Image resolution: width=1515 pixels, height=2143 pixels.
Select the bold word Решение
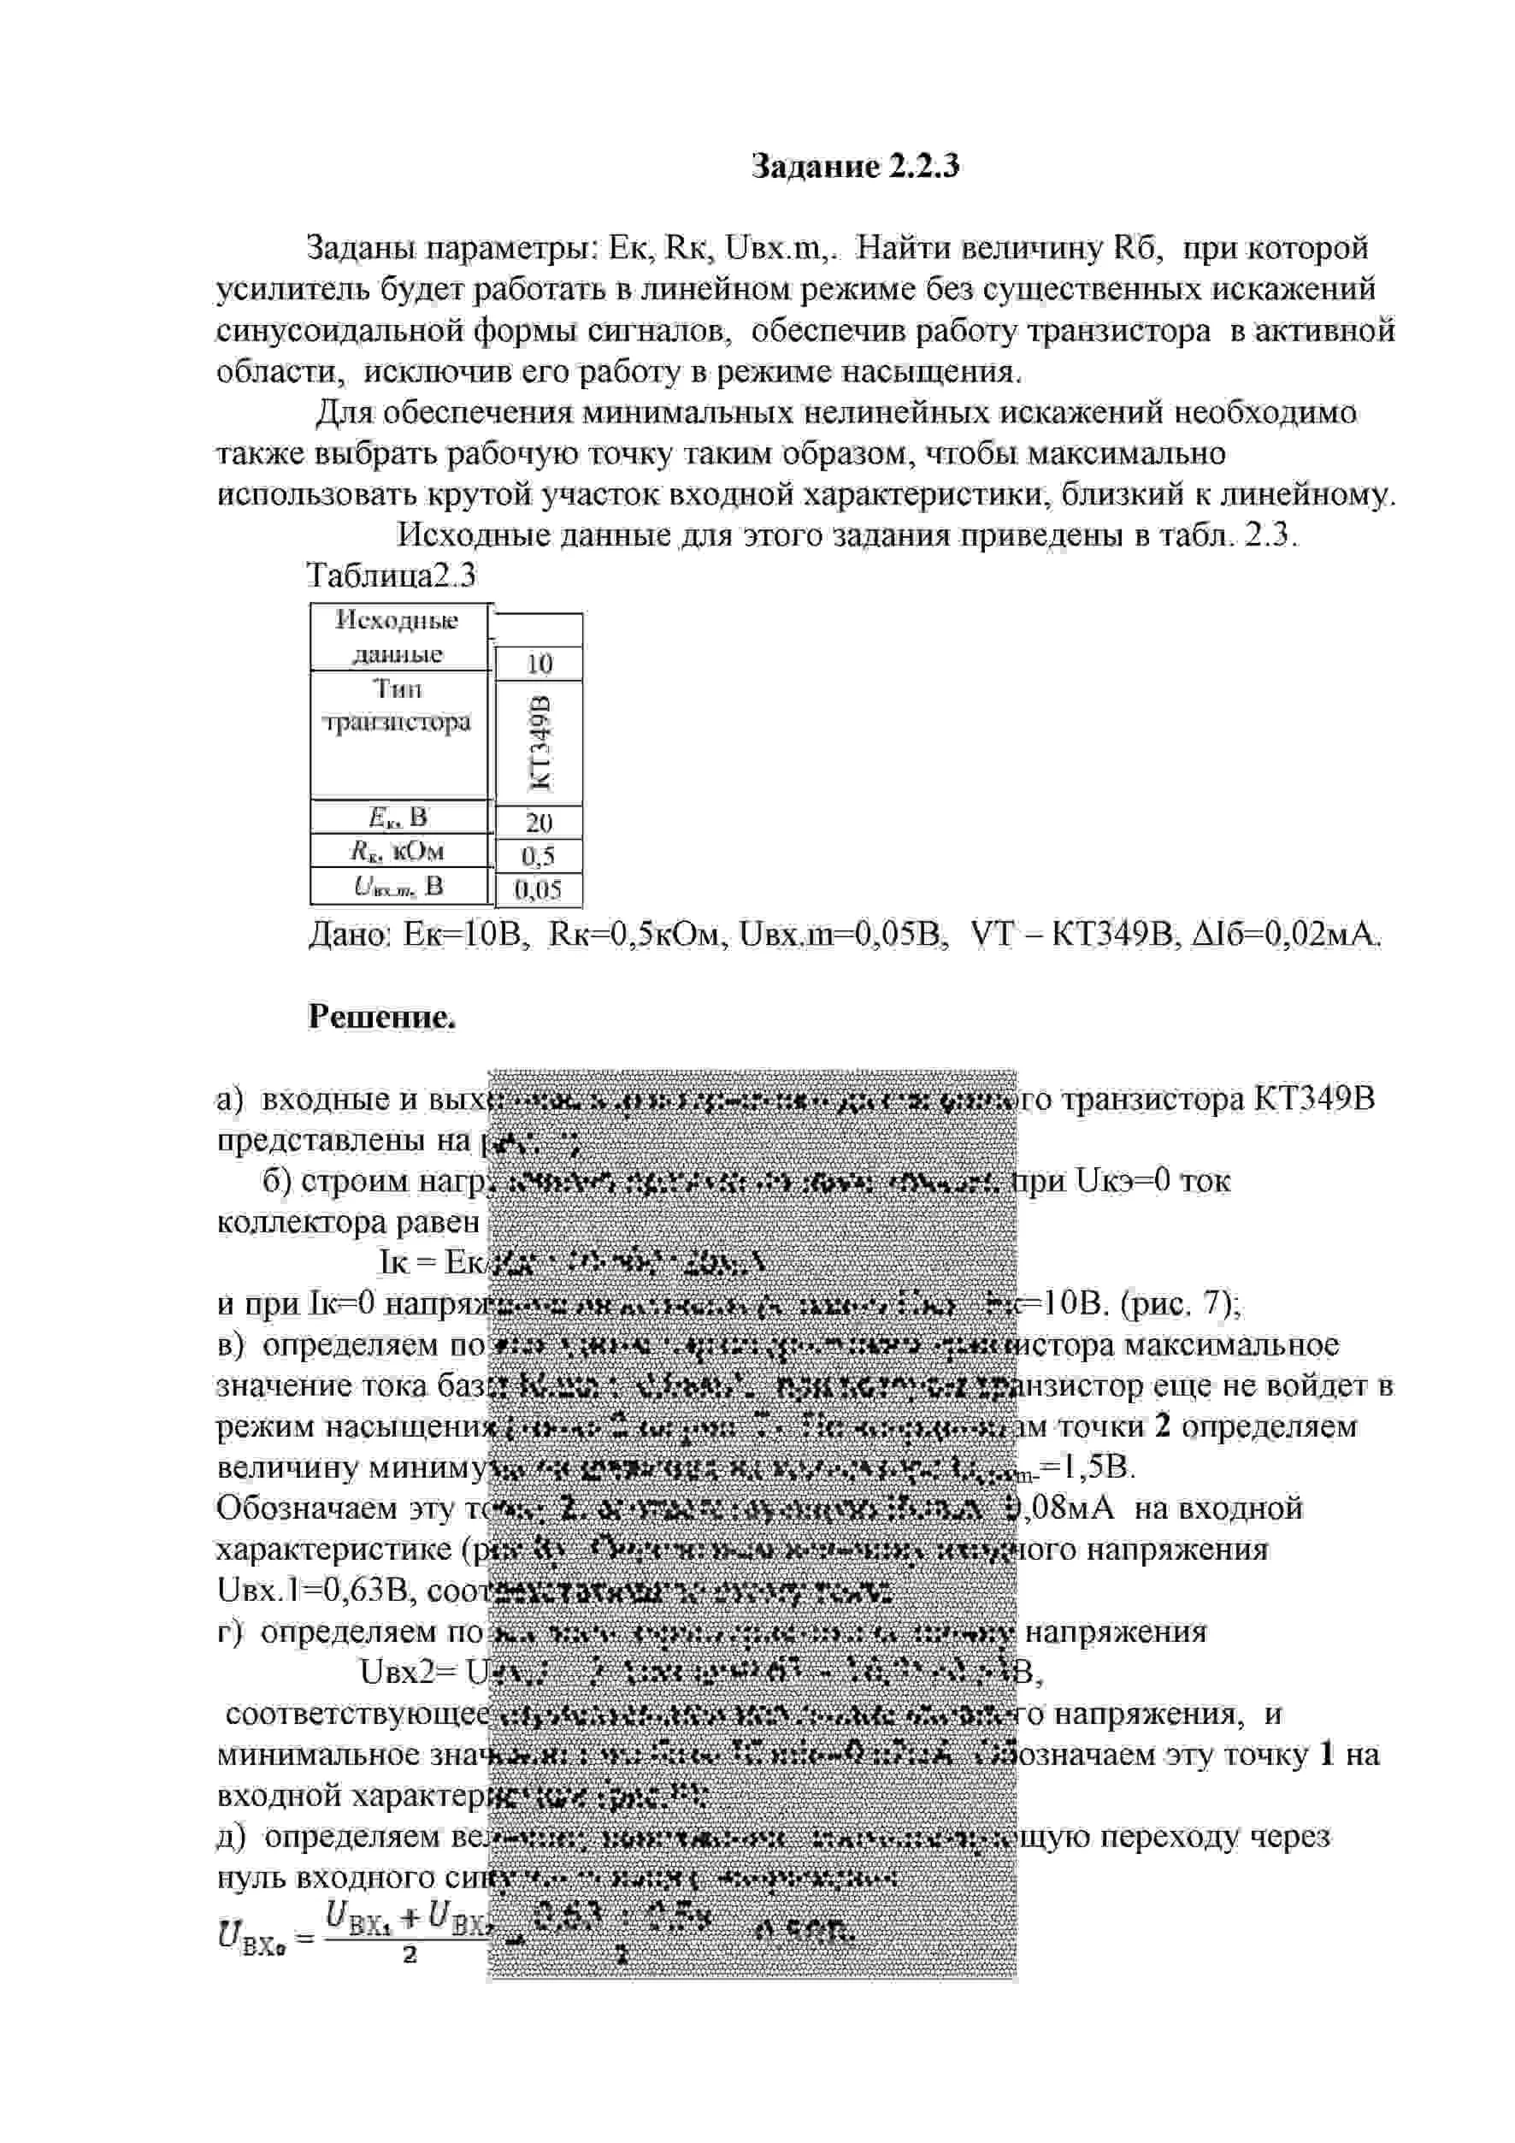[381, 1017]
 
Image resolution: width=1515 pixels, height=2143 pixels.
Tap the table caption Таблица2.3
[391, 576]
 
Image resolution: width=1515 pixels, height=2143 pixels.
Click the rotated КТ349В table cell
[539, 743]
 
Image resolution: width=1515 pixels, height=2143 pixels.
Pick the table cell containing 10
[539, 664]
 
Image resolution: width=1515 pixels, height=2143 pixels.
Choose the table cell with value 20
[539, 823]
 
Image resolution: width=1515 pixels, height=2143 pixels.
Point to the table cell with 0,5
[539, 856]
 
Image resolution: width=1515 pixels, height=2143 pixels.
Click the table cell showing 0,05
[539, 889]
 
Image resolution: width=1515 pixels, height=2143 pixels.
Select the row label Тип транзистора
[398, 706]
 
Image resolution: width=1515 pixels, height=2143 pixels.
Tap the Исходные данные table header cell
[398, 636]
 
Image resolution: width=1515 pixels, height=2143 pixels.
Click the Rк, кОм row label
[398, 851]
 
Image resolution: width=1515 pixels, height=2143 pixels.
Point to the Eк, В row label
[398, 818]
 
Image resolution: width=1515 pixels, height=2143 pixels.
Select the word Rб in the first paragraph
[1135, 248]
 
